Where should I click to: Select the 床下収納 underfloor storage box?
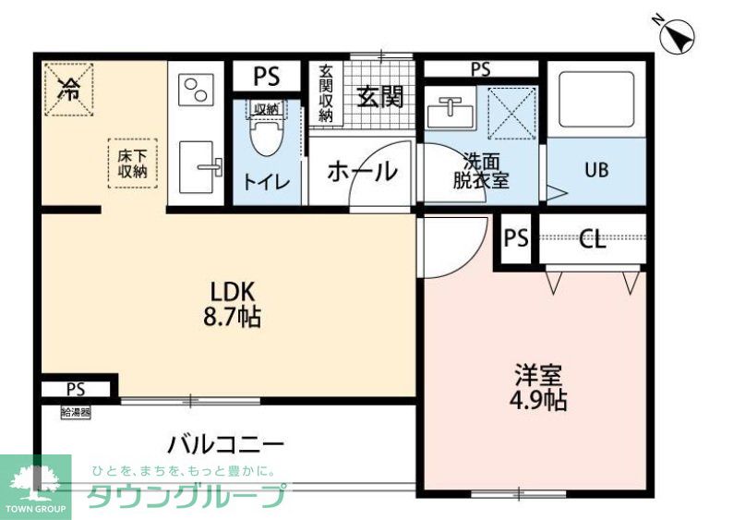point(133,163)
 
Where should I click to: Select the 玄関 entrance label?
point(379,97)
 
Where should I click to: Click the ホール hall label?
point(362,171)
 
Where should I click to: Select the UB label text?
point(595,171)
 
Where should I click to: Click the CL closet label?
point(592,241)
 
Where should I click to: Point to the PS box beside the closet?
point(516,239)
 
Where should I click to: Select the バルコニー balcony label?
point(225,444)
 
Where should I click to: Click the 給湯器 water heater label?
point(76,412)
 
